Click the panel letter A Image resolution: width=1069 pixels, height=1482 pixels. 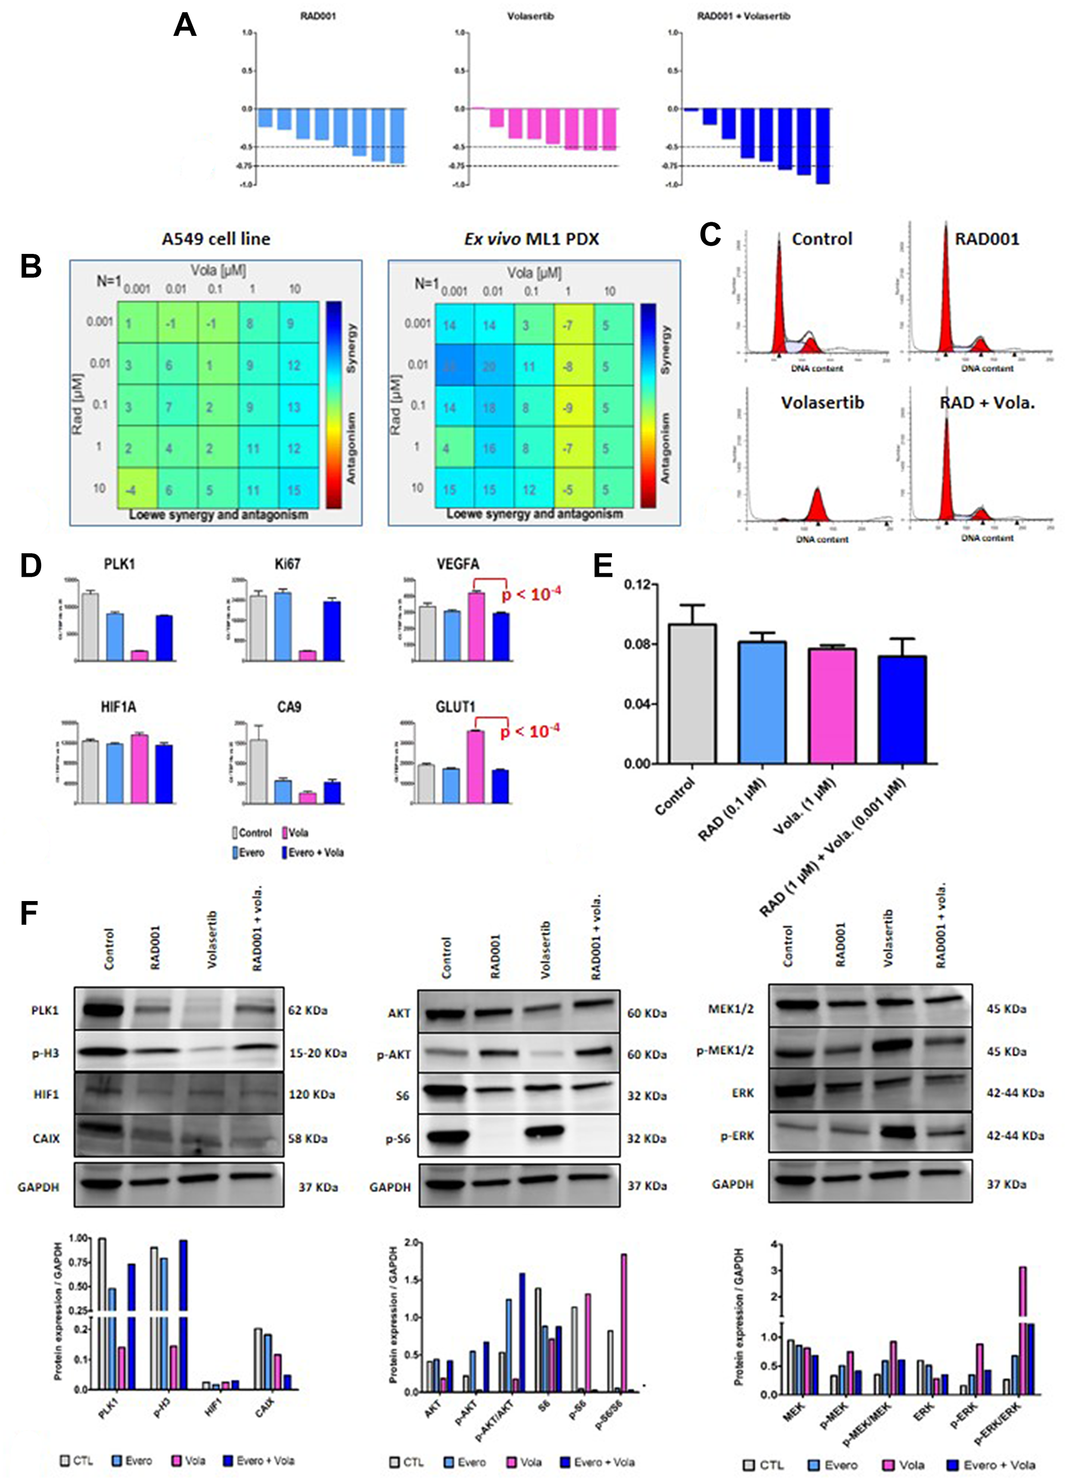click(x=185, y=26)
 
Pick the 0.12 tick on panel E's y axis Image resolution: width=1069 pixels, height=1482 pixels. click(x=637, y=585)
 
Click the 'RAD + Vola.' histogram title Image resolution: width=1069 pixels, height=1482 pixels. click(x=987, y=402)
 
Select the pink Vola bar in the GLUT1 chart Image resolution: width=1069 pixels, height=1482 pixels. click(x=475, y=766)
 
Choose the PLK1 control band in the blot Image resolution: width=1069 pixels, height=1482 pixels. click(x=103, y=1010)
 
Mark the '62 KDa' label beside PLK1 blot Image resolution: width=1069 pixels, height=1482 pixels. click(x=308, y=1010)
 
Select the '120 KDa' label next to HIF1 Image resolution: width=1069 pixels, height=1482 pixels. click(x=312, y=1095)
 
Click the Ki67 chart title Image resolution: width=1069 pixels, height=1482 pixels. click(x=288, y=564)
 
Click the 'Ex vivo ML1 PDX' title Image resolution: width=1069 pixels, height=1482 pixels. click(x=531, y=239)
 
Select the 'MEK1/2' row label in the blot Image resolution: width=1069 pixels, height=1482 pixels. click(x=731, y=1009)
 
